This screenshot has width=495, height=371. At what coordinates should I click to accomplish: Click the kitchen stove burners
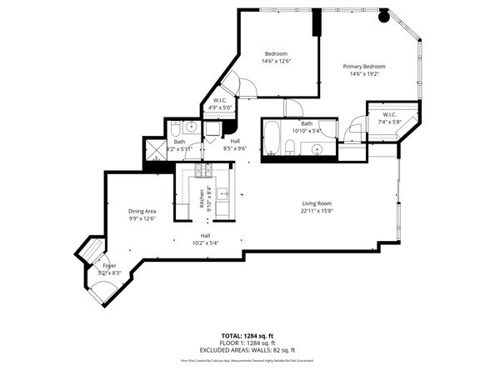click(x=202, y=171)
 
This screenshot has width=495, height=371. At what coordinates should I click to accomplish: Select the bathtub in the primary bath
click(x=272, y=135)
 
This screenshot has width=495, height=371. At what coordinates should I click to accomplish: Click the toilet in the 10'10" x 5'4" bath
click(x=289, y=148)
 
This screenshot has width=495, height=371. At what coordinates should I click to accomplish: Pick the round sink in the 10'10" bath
click(x=317, y=150)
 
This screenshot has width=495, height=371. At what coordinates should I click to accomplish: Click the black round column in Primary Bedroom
click(x=383, y=15)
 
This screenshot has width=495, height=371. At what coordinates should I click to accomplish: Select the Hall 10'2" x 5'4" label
click(x=204, y=239)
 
